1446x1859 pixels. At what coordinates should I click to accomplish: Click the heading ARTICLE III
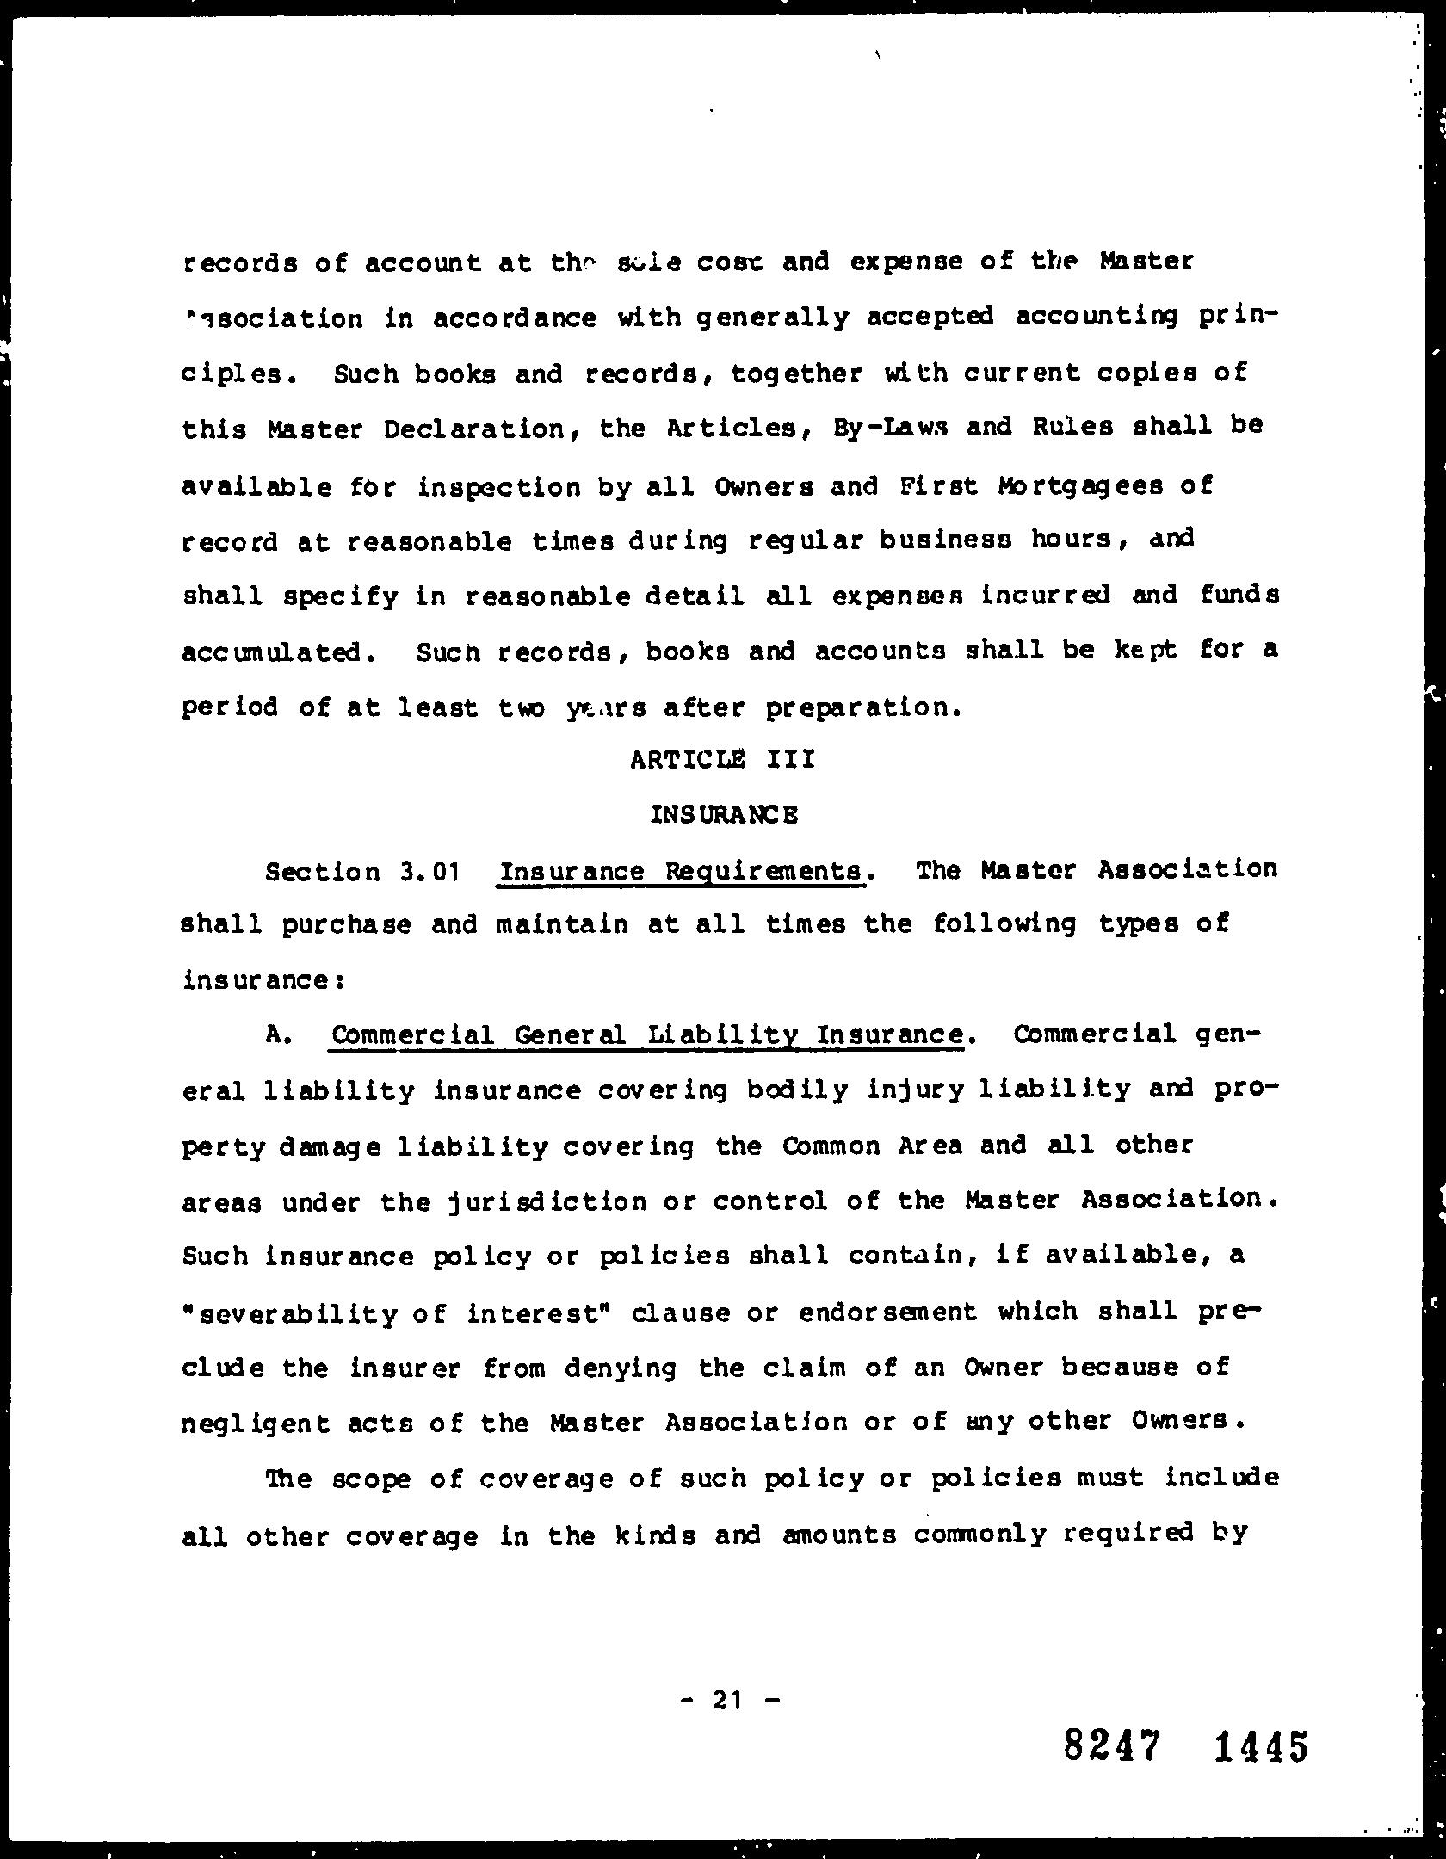(x=722, y=760)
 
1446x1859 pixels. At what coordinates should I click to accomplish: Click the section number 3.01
(x=428, y=872)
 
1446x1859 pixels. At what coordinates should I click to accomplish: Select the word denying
(x=621, y=1368)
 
